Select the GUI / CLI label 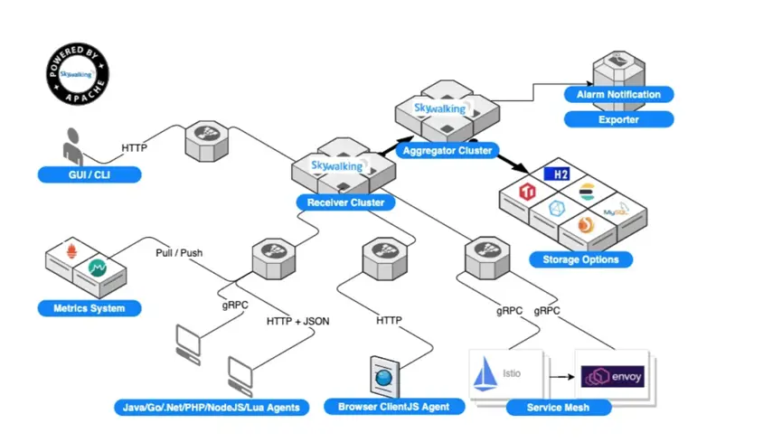pyautogui.click(x=89, y=174)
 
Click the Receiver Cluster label pyautogui.click(x=344, y=202)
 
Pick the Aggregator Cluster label pyautogui.click(x=448, y=151)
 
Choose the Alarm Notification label pyautogui.click(x=618, y=94)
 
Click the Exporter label pyautogui.click(x=618, y=119)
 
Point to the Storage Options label pyautogui.click(x=580, y=260)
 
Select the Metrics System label pyautogui.click(x=89, y=309)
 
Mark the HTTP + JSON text pyautogui.click(x=297, y=320)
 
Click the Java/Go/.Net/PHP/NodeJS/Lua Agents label pyautogui.click(x=212, y=408)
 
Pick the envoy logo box pyautogui.click(x=612, y=374)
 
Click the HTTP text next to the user pyautogui.click(x=135, y=148)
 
